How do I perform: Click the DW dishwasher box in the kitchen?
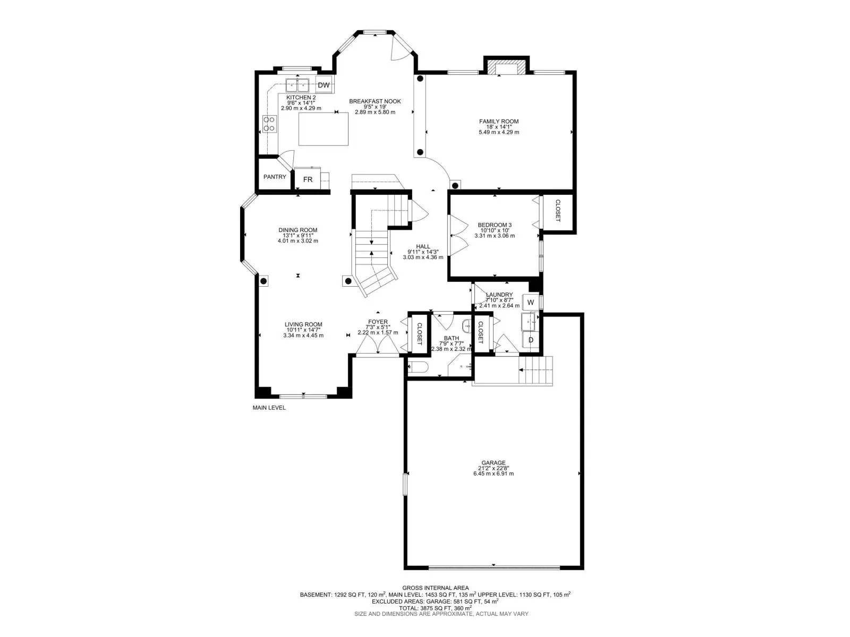coord(324,85)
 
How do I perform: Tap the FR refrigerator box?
coord(308,179)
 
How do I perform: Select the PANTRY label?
coord(275,177)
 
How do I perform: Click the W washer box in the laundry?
coord(530,302)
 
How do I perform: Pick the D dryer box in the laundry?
coord(530,340)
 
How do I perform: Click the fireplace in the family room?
coord(505,68)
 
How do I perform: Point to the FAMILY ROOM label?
coord(498,122)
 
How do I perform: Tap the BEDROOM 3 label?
coord(494,225)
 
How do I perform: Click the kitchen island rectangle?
coord(324,129)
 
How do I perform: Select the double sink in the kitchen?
coord(297,85)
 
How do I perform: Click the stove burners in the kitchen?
coord(269,124)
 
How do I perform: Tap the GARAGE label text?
coord(494,463)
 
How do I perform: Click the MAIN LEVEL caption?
coord(269,408)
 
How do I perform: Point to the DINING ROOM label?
coord(297,230)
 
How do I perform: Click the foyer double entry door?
coord(377,345)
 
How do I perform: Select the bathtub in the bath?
coord(418,367)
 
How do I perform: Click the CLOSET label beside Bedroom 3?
coord(558,211)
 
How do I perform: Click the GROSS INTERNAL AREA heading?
coord(435,588)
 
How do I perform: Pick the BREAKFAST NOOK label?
coord(375,101)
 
